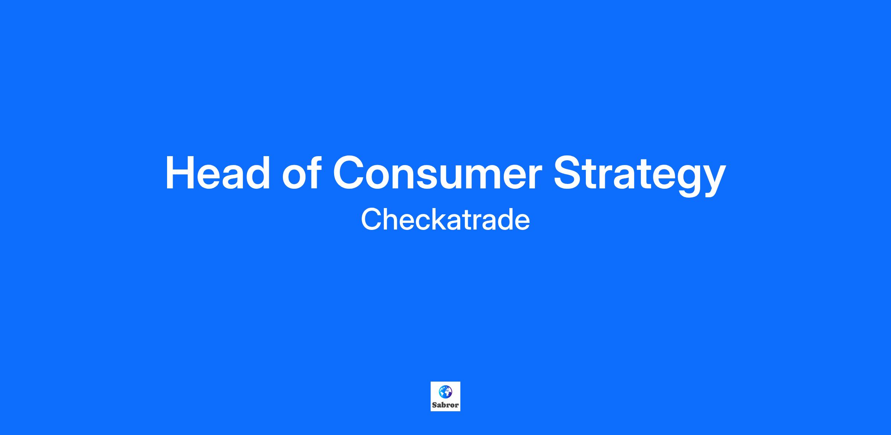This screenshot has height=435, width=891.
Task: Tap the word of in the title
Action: click(302, 172)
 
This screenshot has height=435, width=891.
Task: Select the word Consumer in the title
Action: click(437, 173)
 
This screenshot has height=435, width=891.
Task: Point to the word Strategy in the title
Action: click(639, 175)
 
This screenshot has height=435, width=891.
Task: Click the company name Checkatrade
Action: click(446, 220)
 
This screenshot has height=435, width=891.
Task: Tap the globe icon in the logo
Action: click(445, 392)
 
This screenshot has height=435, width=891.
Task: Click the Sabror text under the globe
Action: click(446, 405)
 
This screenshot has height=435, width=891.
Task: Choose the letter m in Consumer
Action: click(481, 177)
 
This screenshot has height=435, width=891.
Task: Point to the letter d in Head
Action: click(257, 172)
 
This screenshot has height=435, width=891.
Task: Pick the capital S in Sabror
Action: click(434, 405)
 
